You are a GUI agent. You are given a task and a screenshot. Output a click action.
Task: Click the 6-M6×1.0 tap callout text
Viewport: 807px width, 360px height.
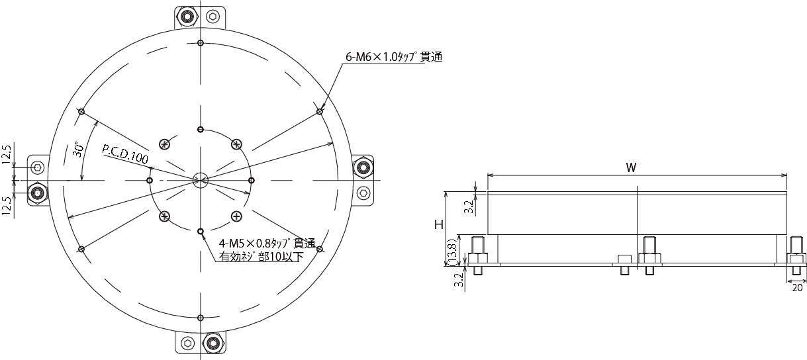(394, 57)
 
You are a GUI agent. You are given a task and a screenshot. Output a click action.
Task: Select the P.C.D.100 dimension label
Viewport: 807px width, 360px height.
(125, 154)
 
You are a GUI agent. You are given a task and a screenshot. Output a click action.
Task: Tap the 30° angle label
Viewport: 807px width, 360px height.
(78, 150)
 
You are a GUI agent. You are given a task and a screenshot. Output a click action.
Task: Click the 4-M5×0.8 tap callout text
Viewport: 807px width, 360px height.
(267, 244)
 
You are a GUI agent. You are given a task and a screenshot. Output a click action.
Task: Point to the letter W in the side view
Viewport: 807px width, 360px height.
(631, 167)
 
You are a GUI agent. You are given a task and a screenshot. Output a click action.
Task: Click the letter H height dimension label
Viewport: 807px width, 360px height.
(439, 225)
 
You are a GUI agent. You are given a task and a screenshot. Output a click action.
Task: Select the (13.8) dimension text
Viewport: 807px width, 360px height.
(453, 253)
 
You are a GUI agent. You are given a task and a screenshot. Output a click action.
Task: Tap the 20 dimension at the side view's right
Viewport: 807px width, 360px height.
(798, 288)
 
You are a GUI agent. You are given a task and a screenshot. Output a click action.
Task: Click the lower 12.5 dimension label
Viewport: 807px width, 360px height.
(7, 206)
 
